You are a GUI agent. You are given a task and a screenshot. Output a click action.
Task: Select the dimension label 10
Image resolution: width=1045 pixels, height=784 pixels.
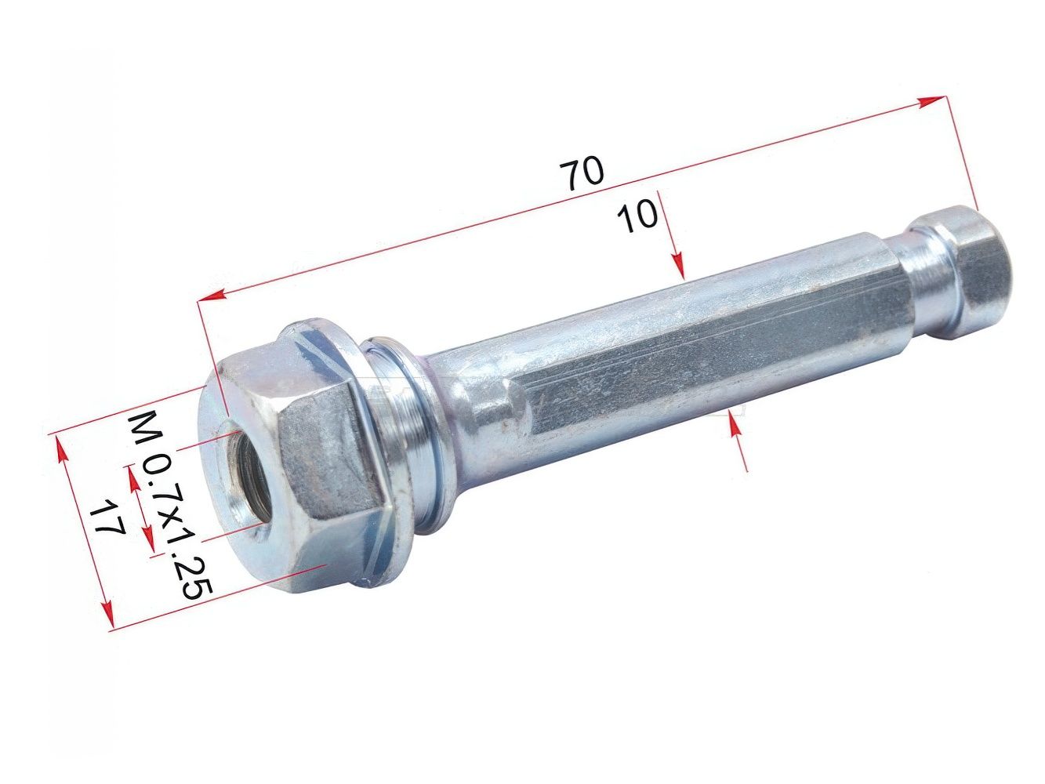(637, 216)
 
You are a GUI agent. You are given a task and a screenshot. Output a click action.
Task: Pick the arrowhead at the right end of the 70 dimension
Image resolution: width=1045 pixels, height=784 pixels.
(931, 102)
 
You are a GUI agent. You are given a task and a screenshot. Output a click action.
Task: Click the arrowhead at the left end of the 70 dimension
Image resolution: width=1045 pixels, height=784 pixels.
(210, 296)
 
